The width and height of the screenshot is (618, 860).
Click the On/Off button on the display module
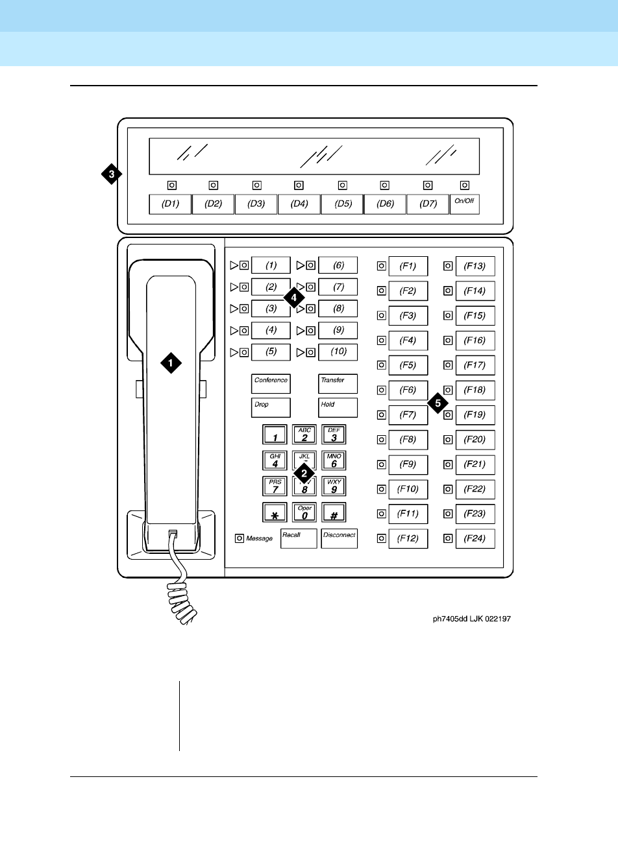464,204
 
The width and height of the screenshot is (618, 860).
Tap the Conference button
271,384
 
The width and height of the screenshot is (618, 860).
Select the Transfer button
338,384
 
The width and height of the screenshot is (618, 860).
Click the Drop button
271,408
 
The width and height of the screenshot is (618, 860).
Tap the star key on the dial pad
275,513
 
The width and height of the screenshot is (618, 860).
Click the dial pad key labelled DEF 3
334,435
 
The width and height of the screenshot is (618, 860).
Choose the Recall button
299,538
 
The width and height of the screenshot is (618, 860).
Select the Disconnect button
339,538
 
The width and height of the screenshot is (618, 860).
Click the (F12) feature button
408,539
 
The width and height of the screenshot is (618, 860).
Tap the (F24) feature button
475,539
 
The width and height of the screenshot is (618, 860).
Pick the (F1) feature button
408,266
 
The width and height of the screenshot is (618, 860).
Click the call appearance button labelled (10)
338,352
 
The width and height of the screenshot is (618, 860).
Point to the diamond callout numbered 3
112,174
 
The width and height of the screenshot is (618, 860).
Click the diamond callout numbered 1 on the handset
171,363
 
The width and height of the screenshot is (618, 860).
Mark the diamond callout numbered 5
438,403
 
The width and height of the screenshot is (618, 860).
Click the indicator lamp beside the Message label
240,538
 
